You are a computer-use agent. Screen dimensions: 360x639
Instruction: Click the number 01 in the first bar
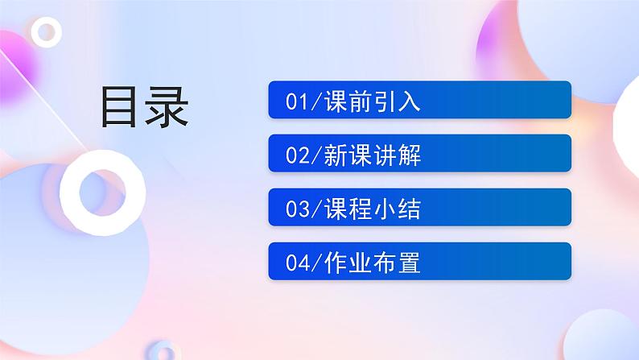click(296, 101)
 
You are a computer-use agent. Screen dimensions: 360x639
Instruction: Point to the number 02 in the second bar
click(296, 155)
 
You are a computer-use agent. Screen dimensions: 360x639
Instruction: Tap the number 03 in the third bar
click(296, 209)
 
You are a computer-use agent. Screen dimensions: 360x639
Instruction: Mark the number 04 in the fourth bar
click(296, 263)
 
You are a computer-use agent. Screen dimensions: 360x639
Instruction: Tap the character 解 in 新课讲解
click(410, 155)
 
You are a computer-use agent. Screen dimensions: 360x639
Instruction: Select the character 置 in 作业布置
click(410, 263)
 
